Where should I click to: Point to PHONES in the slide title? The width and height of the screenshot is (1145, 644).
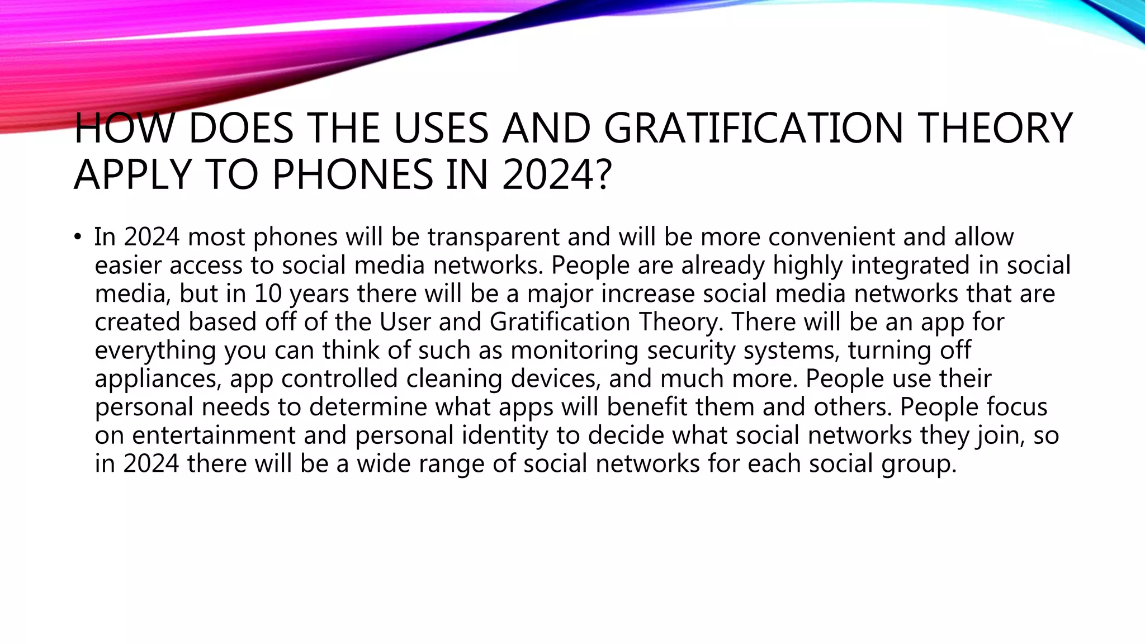(x=352, y=174)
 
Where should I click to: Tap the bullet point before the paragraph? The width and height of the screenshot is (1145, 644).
(x=77, y=237)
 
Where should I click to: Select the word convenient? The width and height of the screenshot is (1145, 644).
(x=831, y=237)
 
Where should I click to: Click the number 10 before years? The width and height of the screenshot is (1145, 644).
(x=268, y=294)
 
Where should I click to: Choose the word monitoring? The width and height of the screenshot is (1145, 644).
(x=574, y=351)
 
